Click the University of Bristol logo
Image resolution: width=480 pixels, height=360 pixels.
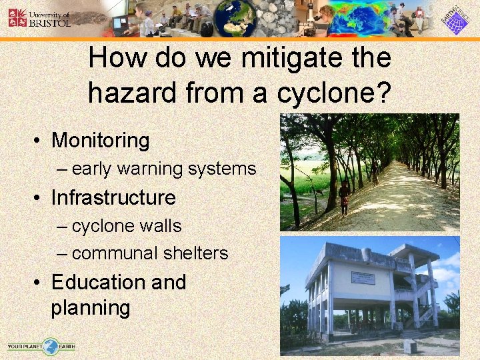coord(39,17)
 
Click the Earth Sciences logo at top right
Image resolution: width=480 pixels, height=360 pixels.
coord(456,19)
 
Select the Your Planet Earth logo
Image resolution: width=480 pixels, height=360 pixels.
coord(41,346)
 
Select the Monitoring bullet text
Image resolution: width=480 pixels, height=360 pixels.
coord(100,141)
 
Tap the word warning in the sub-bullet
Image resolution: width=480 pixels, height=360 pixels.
coord(151,169)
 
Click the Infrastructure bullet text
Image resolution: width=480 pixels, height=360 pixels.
coord(113,198)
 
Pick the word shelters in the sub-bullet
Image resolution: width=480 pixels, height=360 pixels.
coord(199,254)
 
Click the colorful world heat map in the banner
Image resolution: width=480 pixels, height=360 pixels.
coord(363,18)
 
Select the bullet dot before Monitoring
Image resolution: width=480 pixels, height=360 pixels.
coord(40,141)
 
